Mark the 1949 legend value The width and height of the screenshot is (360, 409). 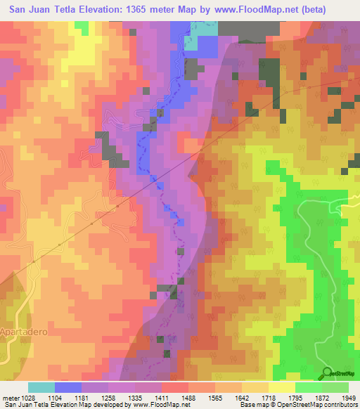(348, 398)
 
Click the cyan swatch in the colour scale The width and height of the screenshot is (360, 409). (41, 387)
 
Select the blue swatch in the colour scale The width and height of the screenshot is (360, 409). (68, 387)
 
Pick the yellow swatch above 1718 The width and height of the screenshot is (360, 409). (282, 387)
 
